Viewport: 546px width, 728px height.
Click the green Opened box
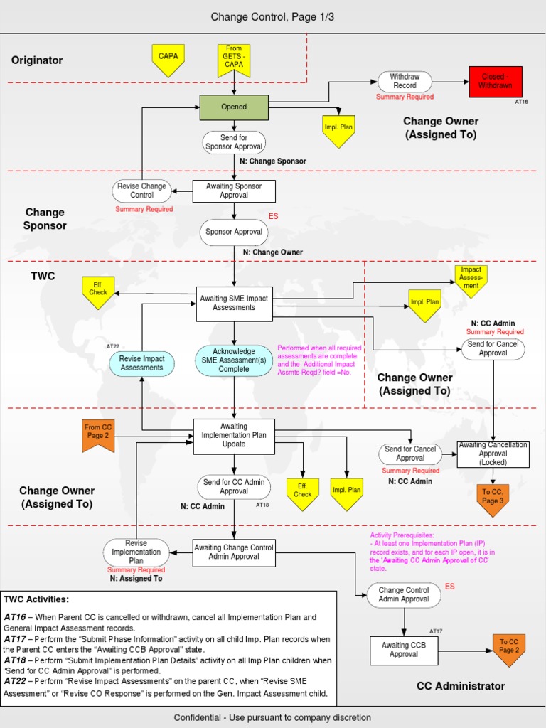[x=234, y=107]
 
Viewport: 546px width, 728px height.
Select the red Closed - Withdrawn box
[x=496, y=81]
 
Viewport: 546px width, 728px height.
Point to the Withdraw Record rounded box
[x=405, y=81]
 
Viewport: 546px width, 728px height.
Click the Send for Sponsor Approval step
[x=234, y=141]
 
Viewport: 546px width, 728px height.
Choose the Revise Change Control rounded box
[x=142, y=191]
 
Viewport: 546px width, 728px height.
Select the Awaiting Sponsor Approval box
[x=234, y=191]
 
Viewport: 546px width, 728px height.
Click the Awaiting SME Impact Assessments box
[x=234, y=303]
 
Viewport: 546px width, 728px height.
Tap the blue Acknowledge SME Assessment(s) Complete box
[x=234, y=360]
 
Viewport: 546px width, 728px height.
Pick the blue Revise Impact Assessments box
[x=141, y=363]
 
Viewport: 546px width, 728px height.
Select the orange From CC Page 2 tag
[x=97, y=434]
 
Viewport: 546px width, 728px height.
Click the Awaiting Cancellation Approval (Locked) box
[x=493, y=454]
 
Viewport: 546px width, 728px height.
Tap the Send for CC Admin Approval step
[x=234, y=486]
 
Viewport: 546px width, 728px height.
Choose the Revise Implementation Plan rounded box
[x=136, y=552]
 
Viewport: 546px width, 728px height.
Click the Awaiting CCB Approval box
[x=404, y=650]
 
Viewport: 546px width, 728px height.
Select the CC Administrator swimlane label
[x=461, y=686]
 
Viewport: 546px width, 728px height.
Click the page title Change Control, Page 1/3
[x=272, y=16]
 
